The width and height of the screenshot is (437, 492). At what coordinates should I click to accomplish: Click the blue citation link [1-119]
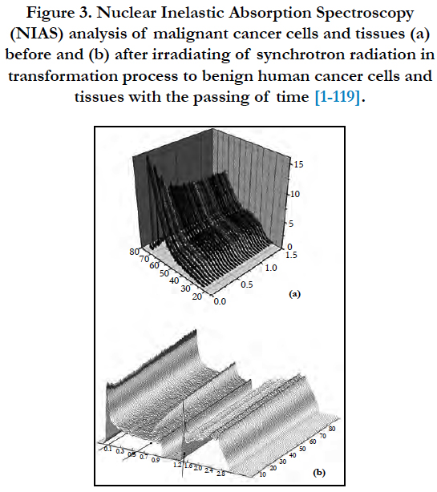click(337, 96)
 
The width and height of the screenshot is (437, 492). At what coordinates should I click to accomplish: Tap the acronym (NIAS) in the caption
click(36, 34)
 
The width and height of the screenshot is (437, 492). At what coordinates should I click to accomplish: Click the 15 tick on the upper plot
click(298, 164)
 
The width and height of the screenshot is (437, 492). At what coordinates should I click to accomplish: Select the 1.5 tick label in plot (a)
click(291, 255)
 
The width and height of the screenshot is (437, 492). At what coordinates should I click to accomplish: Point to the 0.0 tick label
click(220, 301)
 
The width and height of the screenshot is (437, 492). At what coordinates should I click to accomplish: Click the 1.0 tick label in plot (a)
click(270, 268)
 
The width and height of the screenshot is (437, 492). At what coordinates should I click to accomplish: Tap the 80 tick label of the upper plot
click(134, 252)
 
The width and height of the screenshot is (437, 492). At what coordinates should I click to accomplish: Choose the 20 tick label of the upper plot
click(196, 296)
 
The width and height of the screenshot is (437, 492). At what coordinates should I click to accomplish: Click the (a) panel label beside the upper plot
click(294, 294)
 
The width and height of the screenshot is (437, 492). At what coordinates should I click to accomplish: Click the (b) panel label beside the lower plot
click(319, 473)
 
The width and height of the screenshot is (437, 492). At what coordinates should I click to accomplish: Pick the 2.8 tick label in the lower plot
click(221, 474)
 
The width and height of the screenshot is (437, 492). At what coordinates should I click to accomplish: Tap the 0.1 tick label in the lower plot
click(107, 449)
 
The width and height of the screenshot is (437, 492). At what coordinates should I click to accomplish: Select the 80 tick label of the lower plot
click(332, 429)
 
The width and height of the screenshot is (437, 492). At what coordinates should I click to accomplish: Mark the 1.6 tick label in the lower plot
click(188, 466)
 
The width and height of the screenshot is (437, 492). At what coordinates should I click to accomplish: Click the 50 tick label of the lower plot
click(302, 449)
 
